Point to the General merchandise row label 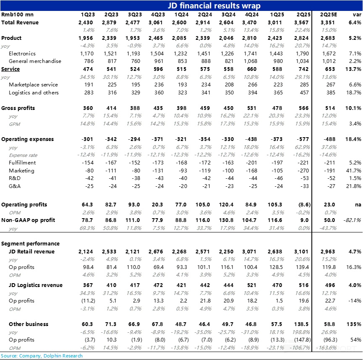click(x=35, y=61)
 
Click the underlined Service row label click(x=10, y=69)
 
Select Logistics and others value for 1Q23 click(x=88, y=93)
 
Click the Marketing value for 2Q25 click(x=303, y=171)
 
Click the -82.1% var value click(x=353, y=220)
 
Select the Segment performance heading click(x=30, y=244)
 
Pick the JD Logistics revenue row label click(x=36, y=285)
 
